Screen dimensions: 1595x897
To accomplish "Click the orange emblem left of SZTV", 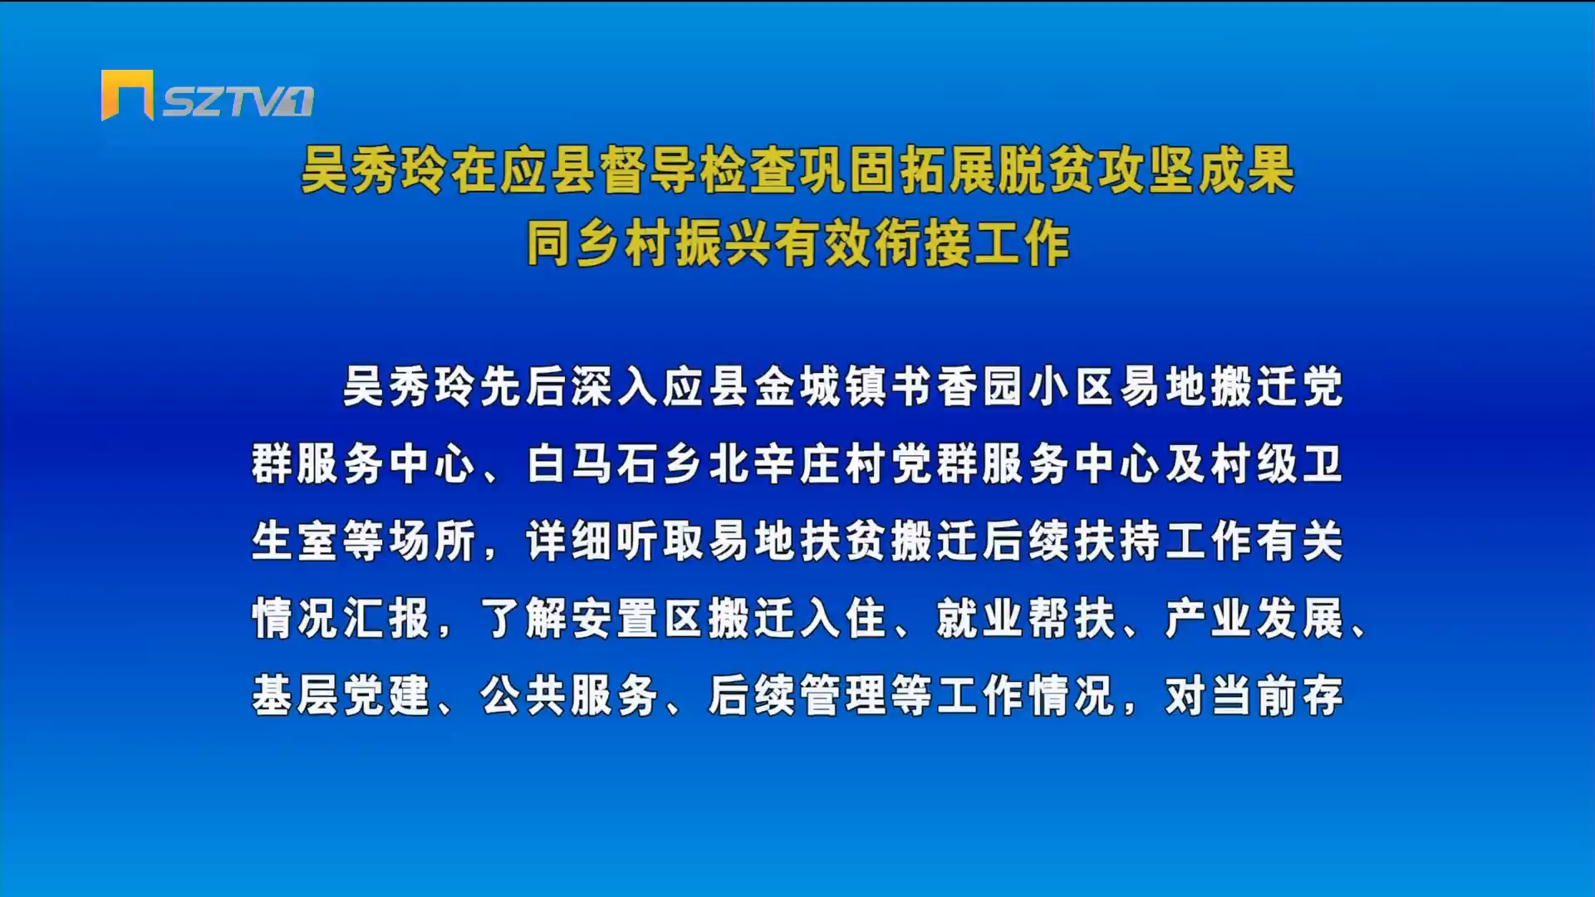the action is (x=127, y=95).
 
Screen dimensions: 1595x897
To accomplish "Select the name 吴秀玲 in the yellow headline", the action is (x=374, y=170).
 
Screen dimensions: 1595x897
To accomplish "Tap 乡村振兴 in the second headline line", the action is (x=673, y=243).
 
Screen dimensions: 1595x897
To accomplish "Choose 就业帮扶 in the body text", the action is (x=1028, y=618).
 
